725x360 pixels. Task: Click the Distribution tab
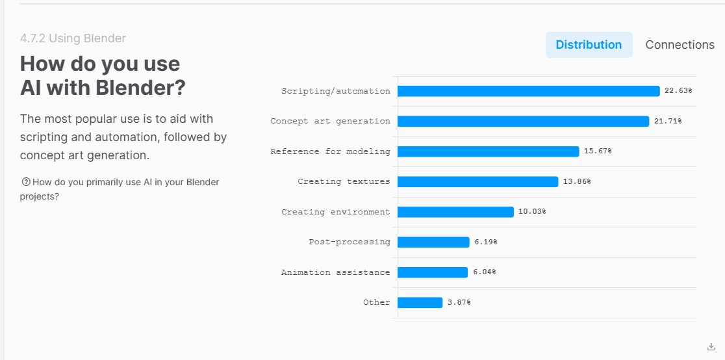589,45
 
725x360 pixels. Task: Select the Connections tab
680,45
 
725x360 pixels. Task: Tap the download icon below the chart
711,346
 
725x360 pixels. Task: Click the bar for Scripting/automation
528,91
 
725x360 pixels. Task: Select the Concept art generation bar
523,122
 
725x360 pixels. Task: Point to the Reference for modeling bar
488,151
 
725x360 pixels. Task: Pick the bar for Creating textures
477,182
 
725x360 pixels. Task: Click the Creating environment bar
455,212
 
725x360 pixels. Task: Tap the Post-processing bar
433,242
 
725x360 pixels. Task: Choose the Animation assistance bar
433,272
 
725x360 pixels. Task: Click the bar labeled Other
420,303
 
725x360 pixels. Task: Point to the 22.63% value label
678,91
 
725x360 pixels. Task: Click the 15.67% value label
598,151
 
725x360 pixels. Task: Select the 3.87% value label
459,303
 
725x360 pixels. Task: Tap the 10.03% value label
532,212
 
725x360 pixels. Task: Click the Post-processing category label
350,242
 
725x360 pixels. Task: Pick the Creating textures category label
344,182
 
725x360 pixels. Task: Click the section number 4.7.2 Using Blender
73,38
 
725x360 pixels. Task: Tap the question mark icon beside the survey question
26,182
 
